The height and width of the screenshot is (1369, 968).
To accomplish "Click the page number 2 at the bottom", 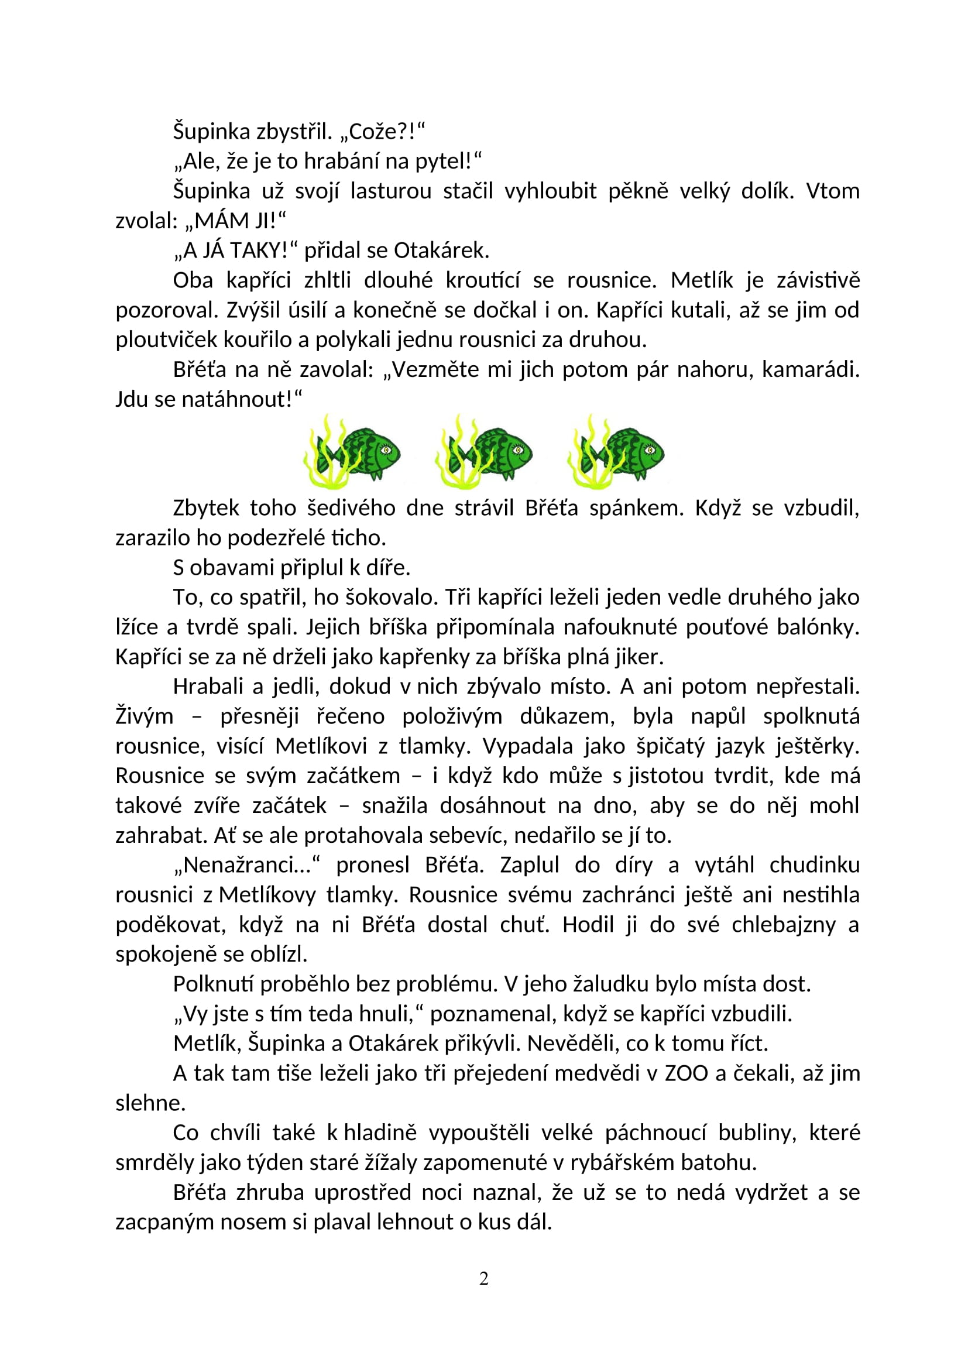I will pos(484,1279).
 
